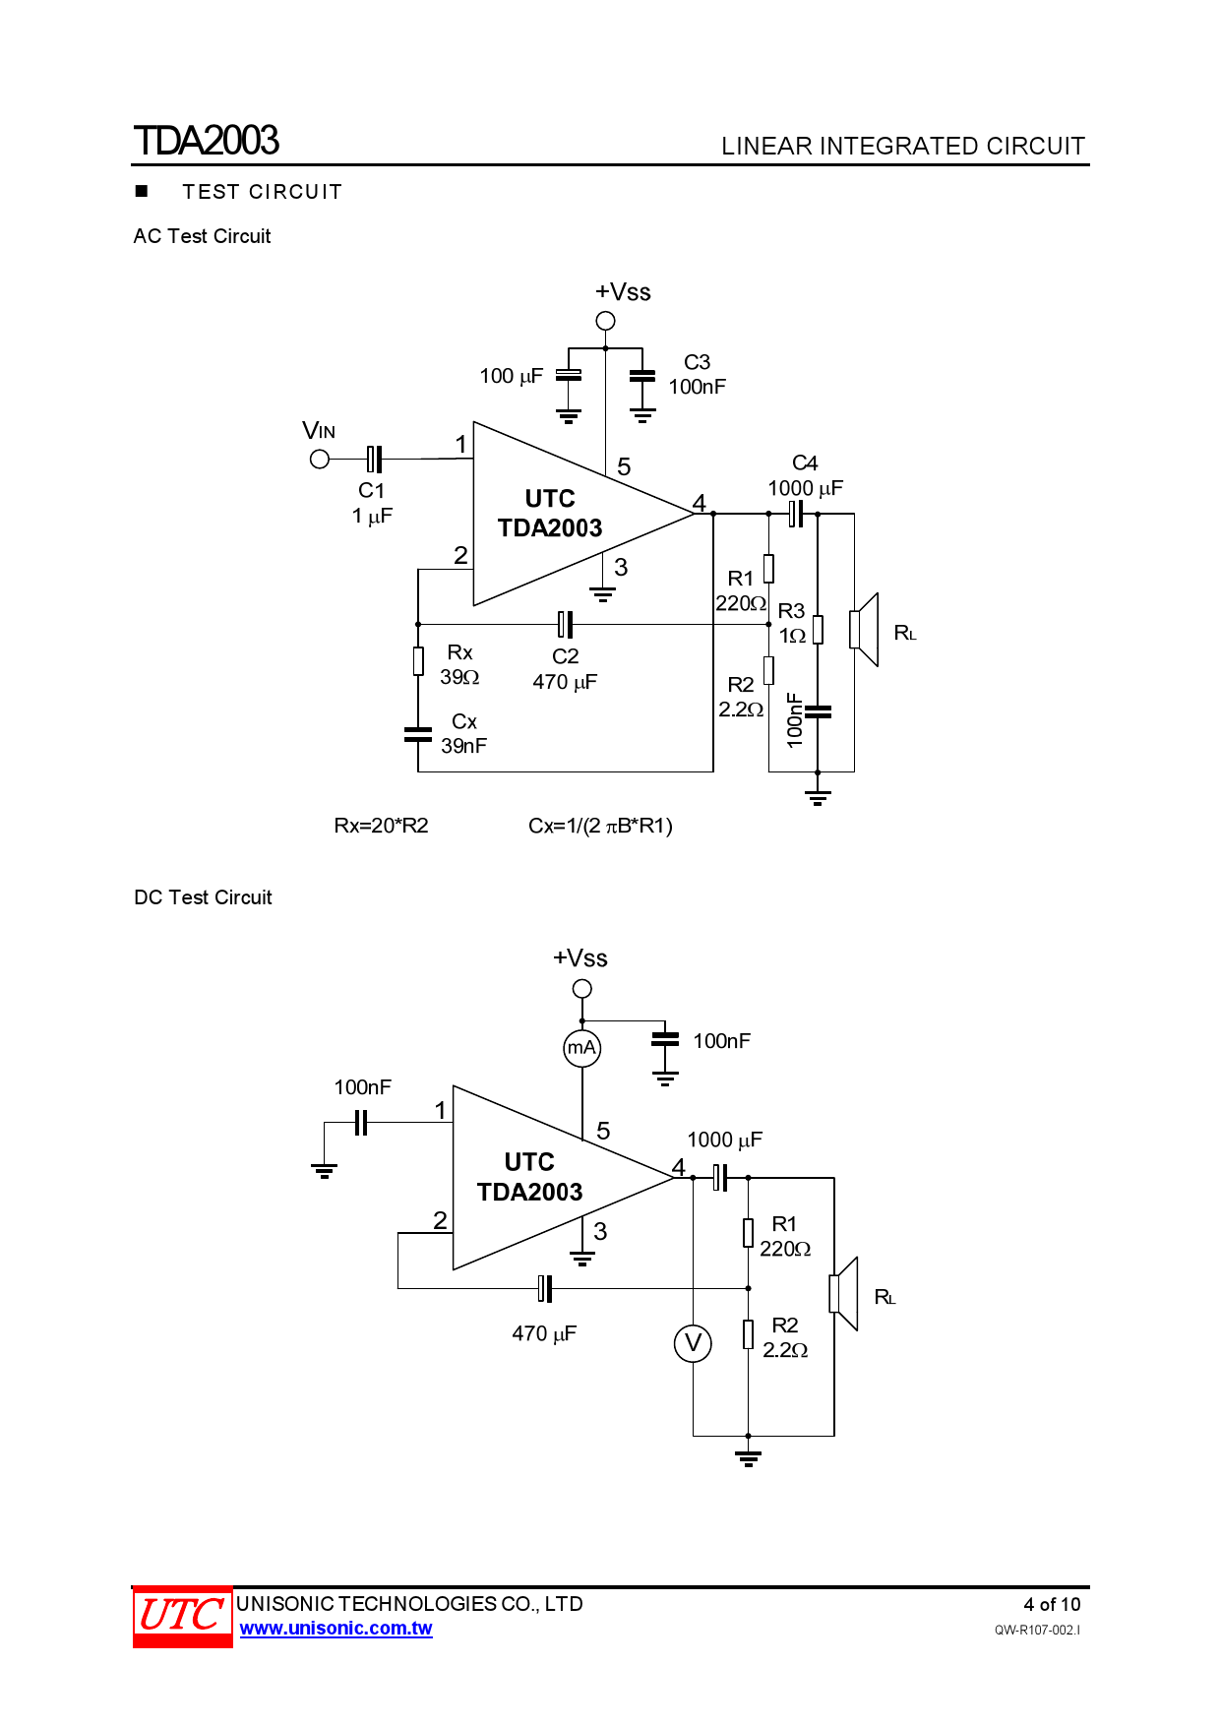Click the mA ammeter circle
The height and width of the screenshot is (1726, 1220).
tap(581, 1048)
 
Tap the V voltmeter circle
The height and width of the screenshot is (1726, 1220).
tap(693, 1343)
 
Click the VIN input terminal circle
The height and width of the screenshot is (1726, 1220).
tap(320, 460)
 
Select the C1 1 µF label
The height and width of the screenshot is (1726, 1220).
tap(372, 503)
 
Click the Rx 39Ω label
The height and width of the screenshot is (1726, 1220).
tap(459, 665)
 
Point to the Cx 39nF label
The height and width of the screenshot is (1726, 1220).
tap(463, 734)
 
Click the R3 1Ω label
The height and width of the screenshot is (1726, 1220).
tap(792, 623)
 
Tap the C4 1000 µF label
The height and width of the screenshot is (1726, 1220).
tap(805, 476)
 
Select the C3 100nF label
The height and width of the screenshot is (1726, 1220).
tap(697, 375)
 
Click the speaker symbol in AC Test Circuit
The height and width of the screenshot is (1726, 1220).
tap(864, 630)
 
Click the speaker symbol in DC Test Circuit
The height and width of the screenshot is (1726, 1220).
tap(844, 1294)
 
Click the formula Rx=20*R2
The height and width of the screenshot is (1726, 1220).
tap(381, 826)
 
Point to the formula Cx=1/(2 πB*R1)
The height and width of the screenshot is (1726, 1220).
tap(600, 826)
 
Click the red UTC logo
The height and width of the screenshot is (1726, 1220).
tap(182, 1616)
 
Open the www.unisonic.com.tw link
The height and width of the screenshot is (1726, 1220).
tap(335, 1629)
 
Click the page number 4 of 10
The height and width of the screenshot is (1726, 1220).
tap(1051, 1604)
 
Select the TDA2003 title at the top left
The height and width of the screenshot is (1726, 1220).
tap(207, 141)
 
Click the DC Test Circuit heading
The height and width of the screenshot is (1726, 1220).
tap(203, 897)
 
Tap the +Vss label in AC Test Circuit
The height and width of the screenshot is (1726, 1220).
tap(623, 292)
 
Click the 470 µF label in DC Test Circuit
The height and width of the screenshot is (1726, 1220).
tap(544, 1333)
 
